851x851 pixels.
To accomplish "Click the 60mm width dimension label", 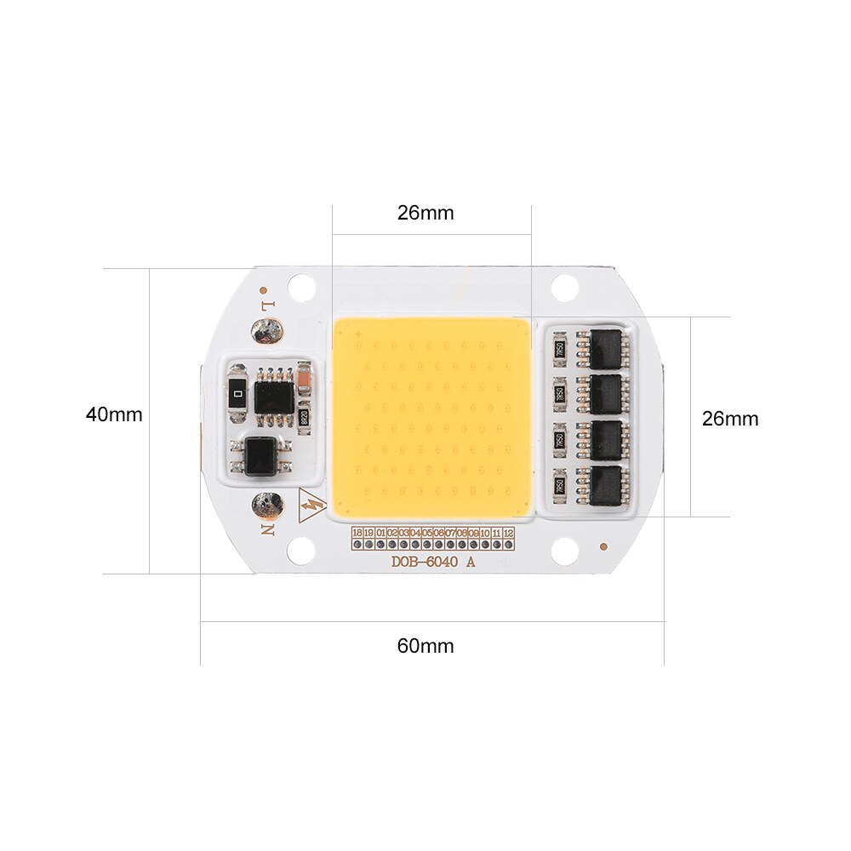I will [x=425, y=646].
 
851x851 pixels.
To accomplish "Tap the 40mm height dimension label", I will [x=114, y=414].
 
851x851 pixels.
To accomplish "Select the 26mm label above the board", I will [x=425, y=213].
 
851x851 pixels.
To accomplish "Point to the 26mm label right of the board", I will [x=729, y=419].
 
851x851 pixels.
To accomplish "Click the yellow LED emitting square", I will [x=432, y=417].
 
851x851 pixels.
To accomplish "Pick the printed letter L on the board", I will [x=268, y=304].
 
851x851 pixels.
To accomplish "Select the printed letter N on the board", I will [x=268, y=529].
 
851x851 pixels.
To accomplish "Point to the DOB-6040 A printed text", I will [x=433, y=562].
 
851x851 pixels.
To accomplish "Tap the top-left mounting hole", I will [x=302, y=288].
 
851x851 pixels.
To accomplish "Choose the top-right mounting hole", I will [x=564, y=288].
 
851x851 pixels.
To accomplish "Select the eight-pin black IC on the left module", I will [x=274, y=396].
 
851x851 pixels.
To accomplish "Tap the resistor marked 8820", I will [x=304, y=418].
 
